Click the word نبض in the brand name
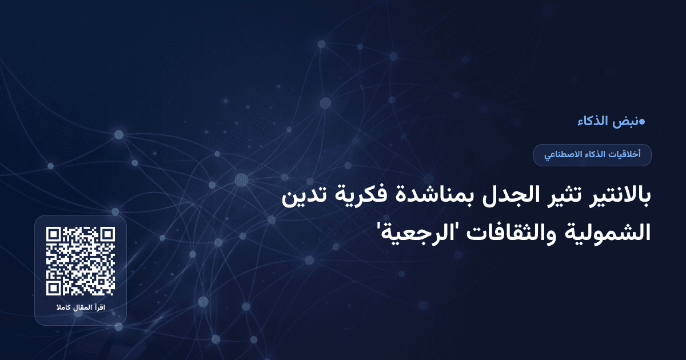click(x=626, y=121)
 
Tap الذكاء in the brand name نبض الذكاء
click(x=593, y=121)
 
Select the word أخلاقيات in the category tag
click(x=625, y=155)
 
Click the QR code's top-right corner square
click(x=107, y=235)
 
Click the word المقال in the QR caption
click(x=82, y=309)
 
